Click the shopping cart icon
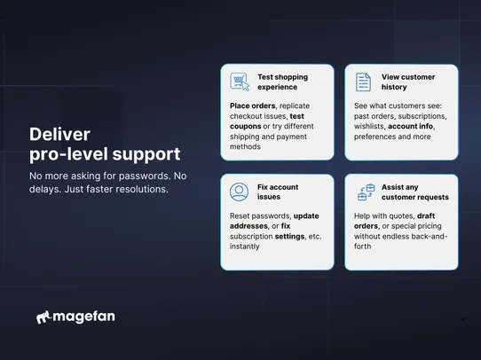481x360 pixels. coord(239,82)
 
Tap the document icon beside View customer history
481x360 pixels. coord(362,82)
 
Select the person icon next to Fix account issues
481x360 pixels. coord(239,192)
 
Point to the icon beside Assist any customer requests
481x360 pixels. coord(366,192)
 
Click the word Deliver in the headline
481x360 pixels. coord(59,134)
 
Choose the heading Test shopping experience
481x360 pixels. coord(282,82)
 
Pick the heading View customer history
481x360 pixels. coord(408,82)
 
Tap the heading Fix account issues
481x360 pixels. coord(278,192)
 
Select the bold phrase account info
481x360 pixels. coord(410,126)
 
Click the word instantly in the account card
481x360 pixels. coord(244,246)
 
